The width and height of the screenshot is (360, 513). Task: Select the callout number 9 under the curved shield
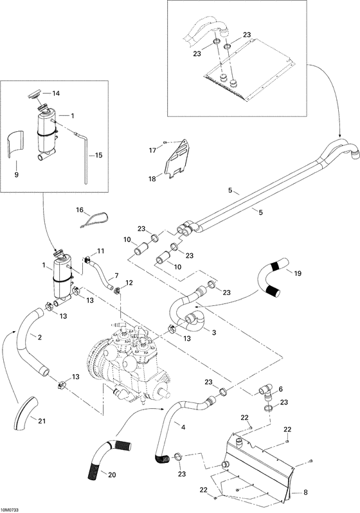coord(17,174)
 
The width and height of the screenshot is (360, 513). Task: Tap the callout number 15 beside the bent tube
coord(98,155)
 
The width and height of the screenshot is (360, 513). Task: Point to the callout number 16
coord(80,210)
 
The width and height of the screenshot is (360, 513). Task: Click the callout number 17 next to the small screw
coord(152,150)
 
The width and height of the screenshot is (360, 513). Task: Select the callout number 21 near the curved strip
coord(42,421)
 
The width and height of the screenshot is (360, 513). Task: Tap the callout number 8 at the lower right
coord(305,493)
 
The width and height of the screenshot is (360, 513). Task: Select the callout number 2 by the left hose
coord(40,337)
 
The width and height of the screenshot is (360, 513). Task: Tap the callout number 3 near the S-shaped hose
coord(213,332)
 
